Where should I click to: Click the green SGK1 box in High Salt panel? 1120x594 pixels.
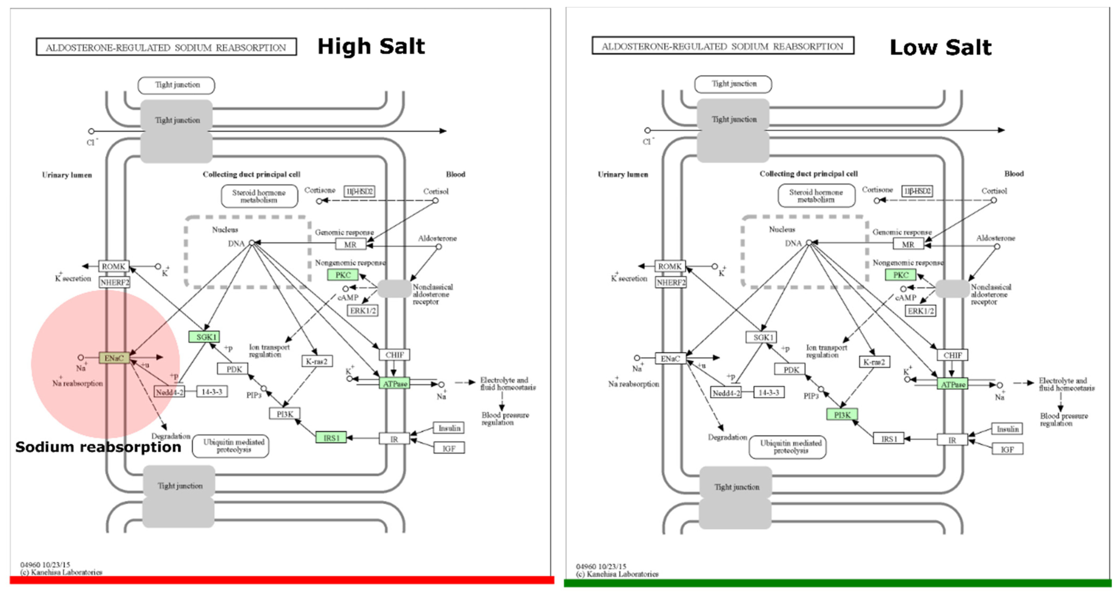[x=204, y=336]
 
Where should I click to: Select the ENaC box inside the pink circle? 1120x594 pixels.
[x=114, y=358]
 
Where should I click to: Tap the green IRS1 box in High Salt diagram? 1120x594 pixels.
[x=331, y=437]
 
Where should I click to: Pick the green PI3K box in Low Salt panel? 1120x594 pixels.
[x=842, y=415]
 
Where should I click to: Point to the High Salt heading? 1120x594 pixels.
[x=371, y=47]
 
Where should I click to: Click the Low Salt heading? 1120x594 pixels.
[x=940, y=47]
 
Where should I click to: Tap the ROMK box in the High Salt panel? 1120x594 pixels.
[x=113, y=266]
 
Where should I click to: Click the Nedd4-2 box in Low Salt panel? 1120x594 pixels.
[x=725, y=393]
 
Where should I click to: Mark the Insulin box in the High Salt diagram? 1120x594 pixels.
[x=449, y=428]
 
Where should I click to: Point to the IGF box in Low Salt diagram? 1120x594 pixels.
[x=1007, y=449]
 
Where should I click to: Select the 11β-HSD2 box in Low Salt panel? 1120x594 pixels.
[x=917, y=191]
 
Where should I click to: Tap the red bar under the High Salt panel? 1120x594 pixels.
[x=282, y=580]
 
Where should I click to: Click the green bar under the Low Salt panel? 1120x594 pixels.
[x=837, y=583]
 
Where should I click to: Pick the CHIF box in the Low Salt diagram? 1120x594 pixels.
[x=952, y=355]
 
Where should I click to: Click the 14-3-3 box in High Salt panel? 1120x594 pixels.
[x=212, y=392]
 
